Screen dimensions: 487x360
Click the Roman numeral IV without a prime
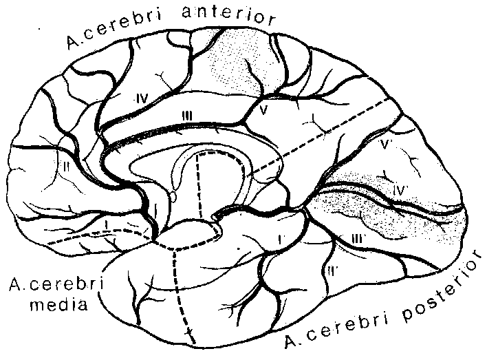[x=142, y=98]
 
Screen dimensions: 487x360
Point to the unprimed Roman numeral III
[x=186, y=116]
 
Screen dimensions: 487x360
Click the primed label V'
[x=385, y=146]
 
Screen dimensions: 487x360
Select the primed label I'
[x=281, y=238]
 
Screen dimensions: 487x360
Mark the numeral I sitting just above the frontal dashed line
[x=108, y=226]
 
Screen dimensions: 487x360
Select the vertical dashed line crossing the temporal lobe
[x=180, y=289]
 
